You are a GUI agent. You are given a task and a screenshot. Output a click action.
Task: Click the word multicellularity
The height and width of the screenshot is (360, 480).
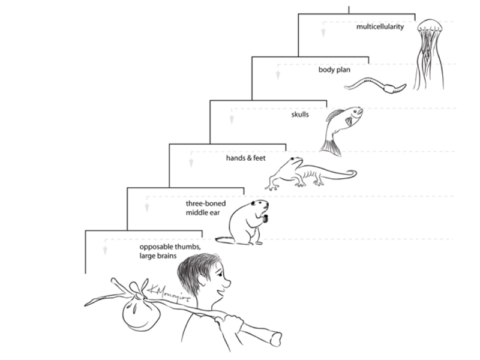(x=379, y=27)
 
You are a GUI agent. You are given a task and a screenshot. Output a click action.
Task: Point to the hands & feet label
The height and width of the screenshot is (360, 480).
(x=246, y=158)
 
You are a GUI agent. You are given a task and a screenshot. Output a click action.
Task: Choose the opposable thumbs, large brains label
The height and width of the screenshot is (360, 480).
(x=166, y=251)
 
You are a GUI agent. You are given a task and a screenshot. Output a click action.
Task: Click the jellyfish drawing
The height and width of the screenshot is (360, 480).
(x=430, y=54)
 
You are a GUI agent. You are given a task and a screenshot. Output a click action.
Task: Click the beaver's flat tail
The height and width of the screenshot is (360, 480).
(x=223, y=241)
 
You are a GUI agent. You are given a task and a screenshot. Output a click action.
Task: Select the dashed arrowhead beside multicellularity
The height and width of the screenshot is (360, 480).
(x=323, y=32)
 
